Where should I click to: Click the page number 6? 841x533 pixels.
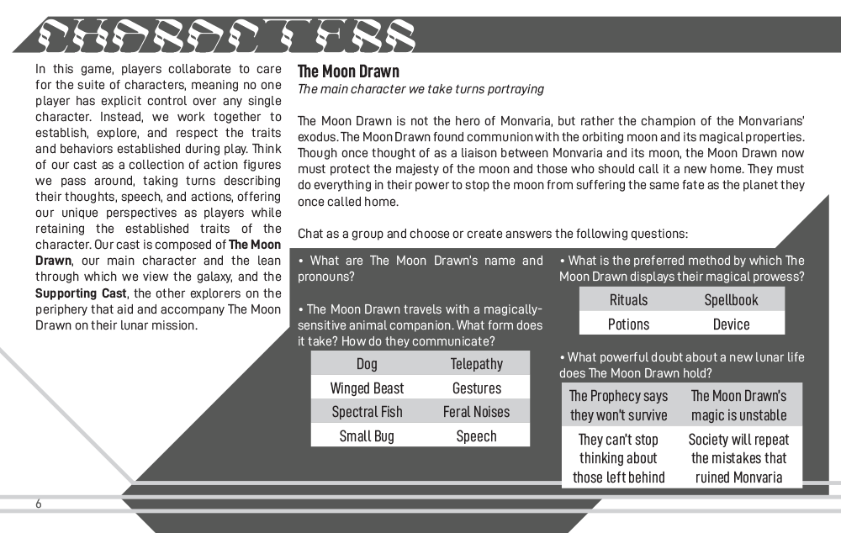pos(39,504)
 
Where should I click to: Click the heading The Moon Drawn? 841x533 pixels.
pos(348,71)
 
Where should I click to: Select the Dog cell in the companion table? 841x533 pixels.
pos(367,363)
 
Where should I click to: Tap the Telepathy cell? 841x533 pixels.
pos(476,363)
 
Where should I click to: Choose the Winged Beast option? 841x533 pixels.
pos(367,388)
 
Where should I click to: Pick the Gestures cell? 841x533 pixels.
pos(476,388)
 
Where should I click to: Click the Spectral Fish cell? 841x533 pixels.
pos(367,412)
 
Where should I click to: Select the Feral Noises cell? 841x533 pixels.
pos(476,412)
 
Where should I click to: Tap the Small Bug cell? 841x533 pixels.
pos(367,435)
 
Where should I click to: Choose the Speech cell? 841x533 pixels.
pos(476,435)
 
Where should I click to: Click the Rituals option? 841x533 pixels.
pos(628,299)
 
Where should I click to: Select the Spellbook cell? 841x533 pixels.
pos(731,299)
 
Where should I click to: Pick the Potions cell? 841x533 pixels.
pos(628,324)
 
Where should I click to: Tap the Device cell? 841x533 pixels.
pos(731,324)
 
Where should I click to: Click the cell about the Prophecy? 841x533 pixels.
pos(619,405)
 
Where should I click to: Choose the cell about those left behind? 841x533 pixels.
pos(619,458)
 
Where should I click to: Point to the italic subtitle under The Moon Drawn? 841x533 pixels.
pos(420,89)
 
